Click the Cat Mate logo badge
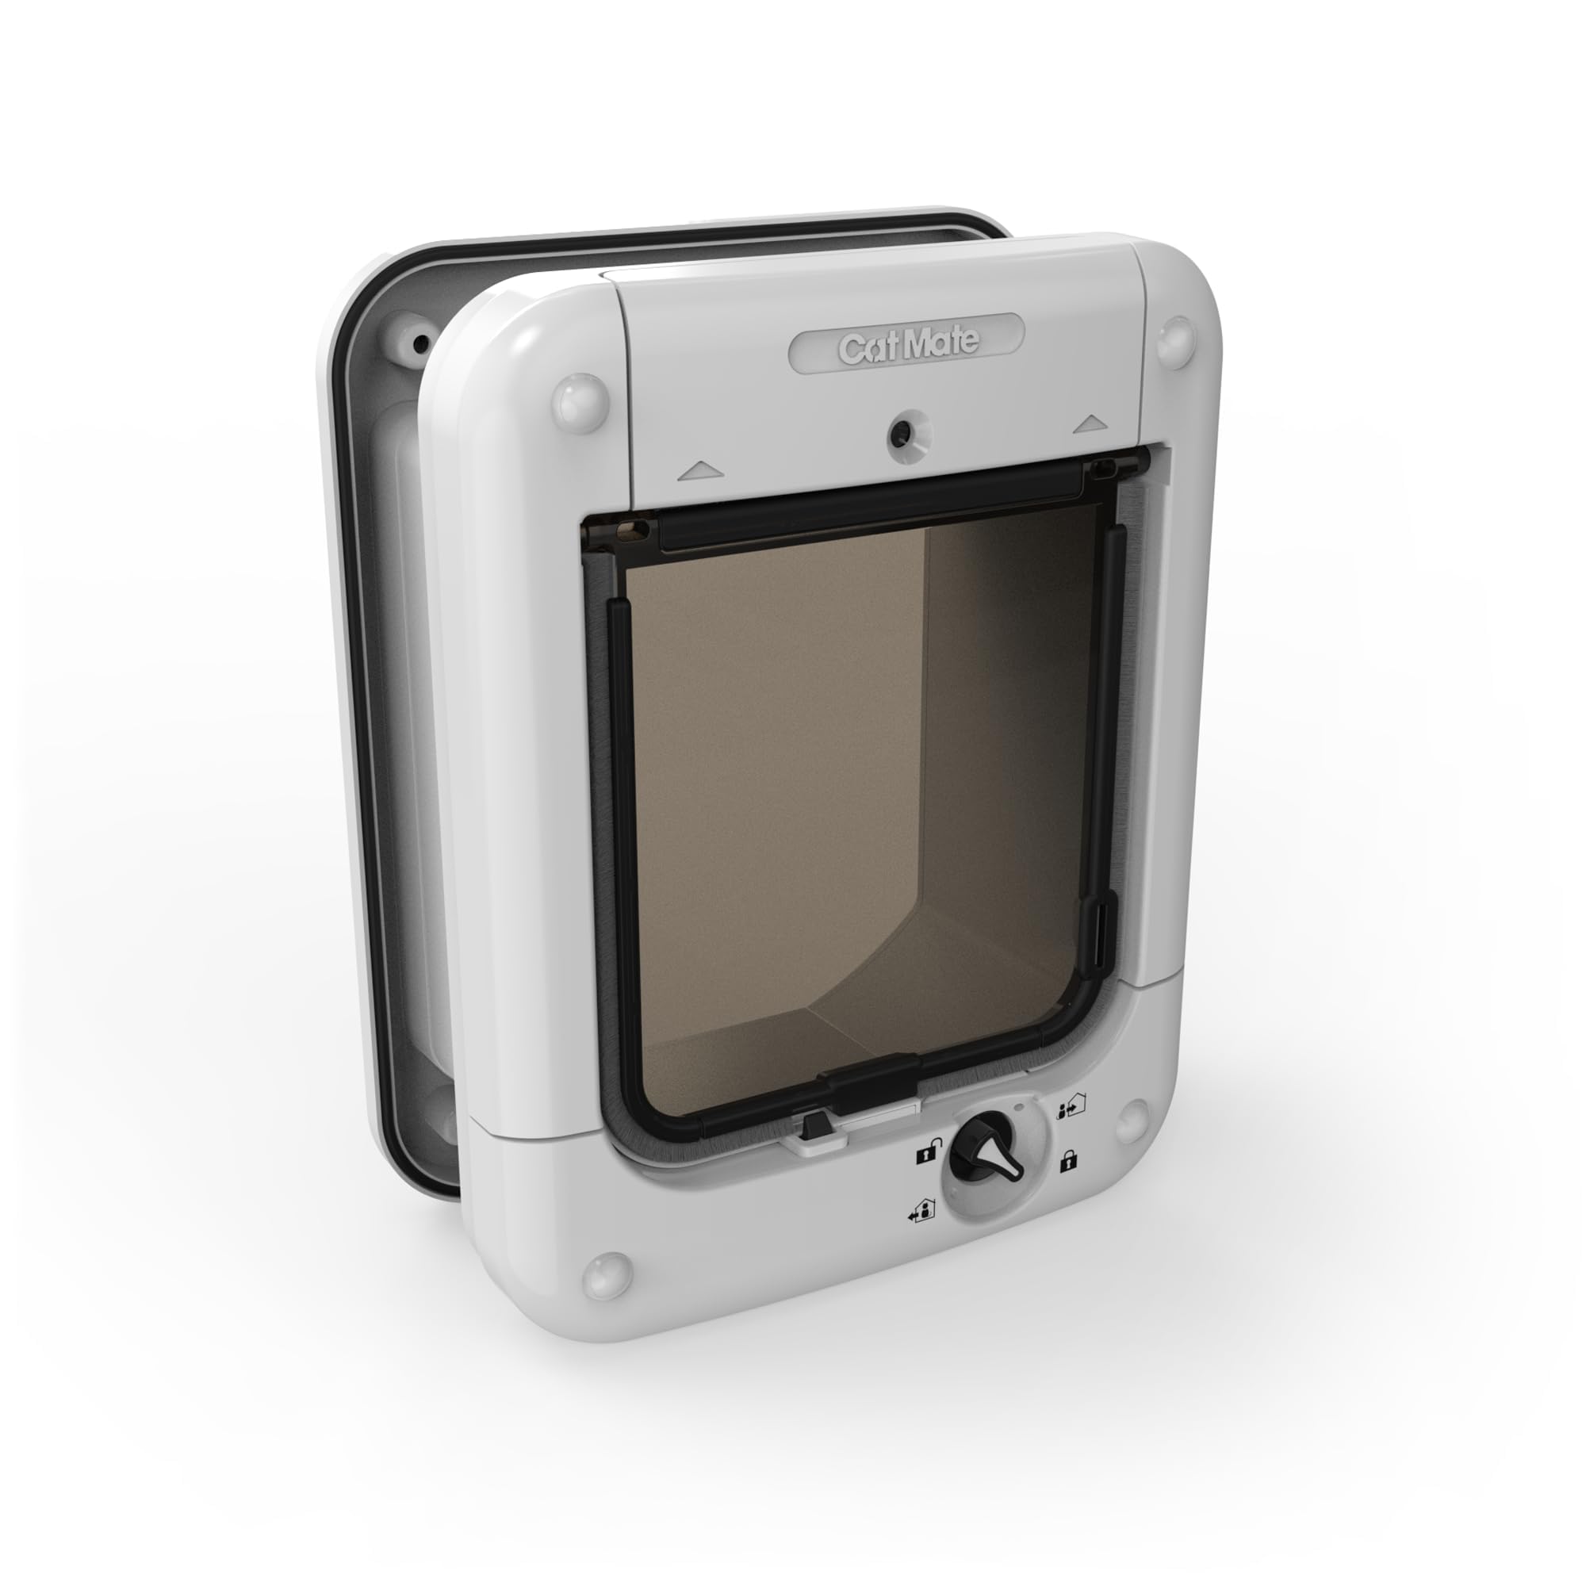point(906,345)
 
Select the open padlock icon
point(924,1155)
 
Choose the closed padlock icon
point(1067,1162)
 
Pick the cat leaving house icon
point(920,1212)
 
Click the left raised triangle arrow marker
point(700,470)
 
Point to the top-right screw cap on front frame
point(1174,342)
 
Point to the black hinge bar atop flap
point(870,506)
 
